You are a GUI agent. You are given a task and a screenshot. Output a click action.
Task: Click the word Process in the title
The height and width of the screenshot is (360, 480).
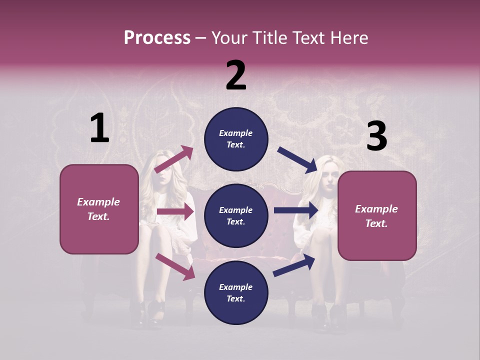coord(157,37)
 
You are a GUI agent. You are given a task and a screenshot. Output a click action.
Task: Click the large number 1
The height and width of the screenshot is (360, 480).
coord(99,128)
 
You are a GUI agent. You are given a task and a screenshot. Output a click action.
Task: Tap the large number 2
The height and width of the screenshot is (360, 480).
coord(236,75)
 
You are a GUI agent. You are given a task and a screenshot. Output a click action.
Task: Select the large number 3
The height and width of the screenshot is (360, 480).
coord(376,136)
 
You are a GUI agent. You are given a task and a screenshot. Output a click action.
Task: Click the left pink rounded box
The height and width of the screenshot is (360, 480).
coord(99,235)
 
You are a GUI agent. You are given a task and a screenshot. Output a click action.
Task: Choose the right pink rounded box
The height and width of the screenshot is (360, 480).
coord(377,242)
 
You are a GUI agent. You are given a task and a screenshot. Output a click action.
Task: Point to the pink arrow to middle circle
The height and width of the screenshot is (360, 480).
coord(175,211)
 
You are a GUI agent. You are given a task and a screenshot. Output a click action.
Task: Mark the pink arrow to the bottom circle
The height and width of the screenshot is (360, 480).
coord(175,266)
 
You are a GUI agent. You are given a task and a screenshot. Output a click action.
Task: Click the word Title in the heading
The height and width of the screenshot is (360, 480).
coord(270,37)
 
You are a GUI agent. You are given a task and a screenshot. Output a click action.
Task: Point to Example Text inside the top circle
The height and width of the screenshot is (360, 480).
coord(236,139)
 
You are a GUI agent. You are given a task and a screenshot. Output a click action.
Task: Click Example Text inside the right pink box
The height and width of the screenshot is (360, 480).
coord(376,216)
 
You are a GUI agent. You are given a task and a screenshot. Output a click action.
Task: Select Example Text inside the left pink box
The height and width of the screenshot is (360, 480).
coord(98,209)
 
